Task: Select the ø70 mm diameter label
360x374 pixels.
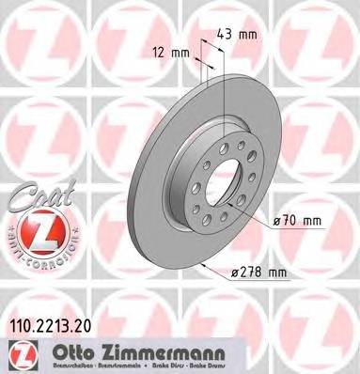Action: pos(298,221)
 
